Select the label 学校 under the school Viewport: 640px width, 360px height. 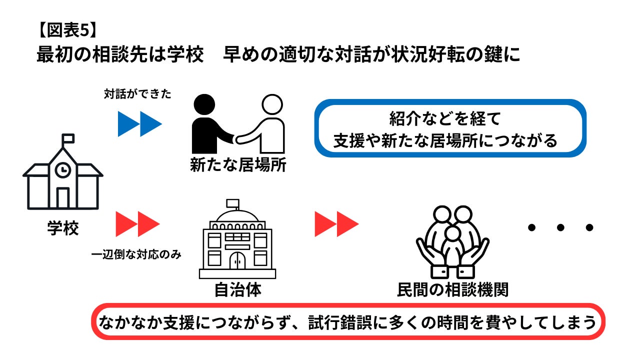point(63,228)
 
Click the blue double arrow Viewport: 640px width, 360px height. point(139,123)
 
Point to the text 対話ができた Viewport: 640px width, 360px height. point(137,93)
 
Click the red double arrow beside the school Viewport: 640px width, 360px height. point(137,224)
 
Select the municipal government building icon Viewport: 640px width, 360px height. point(237,240)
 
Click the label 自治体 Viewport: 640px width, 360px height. point(237,290)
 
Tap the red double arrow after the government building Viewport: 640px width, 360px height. point(336,224)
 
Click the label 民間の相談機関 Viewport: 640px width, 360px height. point(452,290)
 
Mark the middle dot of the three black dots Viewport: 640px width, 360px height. point(560,228)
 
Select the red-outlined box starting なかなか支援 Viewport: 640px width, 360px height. point(348,321)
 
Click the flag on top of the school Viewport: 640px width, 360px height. point(68,138)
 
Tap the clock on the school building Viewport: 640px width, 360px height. point(63,170)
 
